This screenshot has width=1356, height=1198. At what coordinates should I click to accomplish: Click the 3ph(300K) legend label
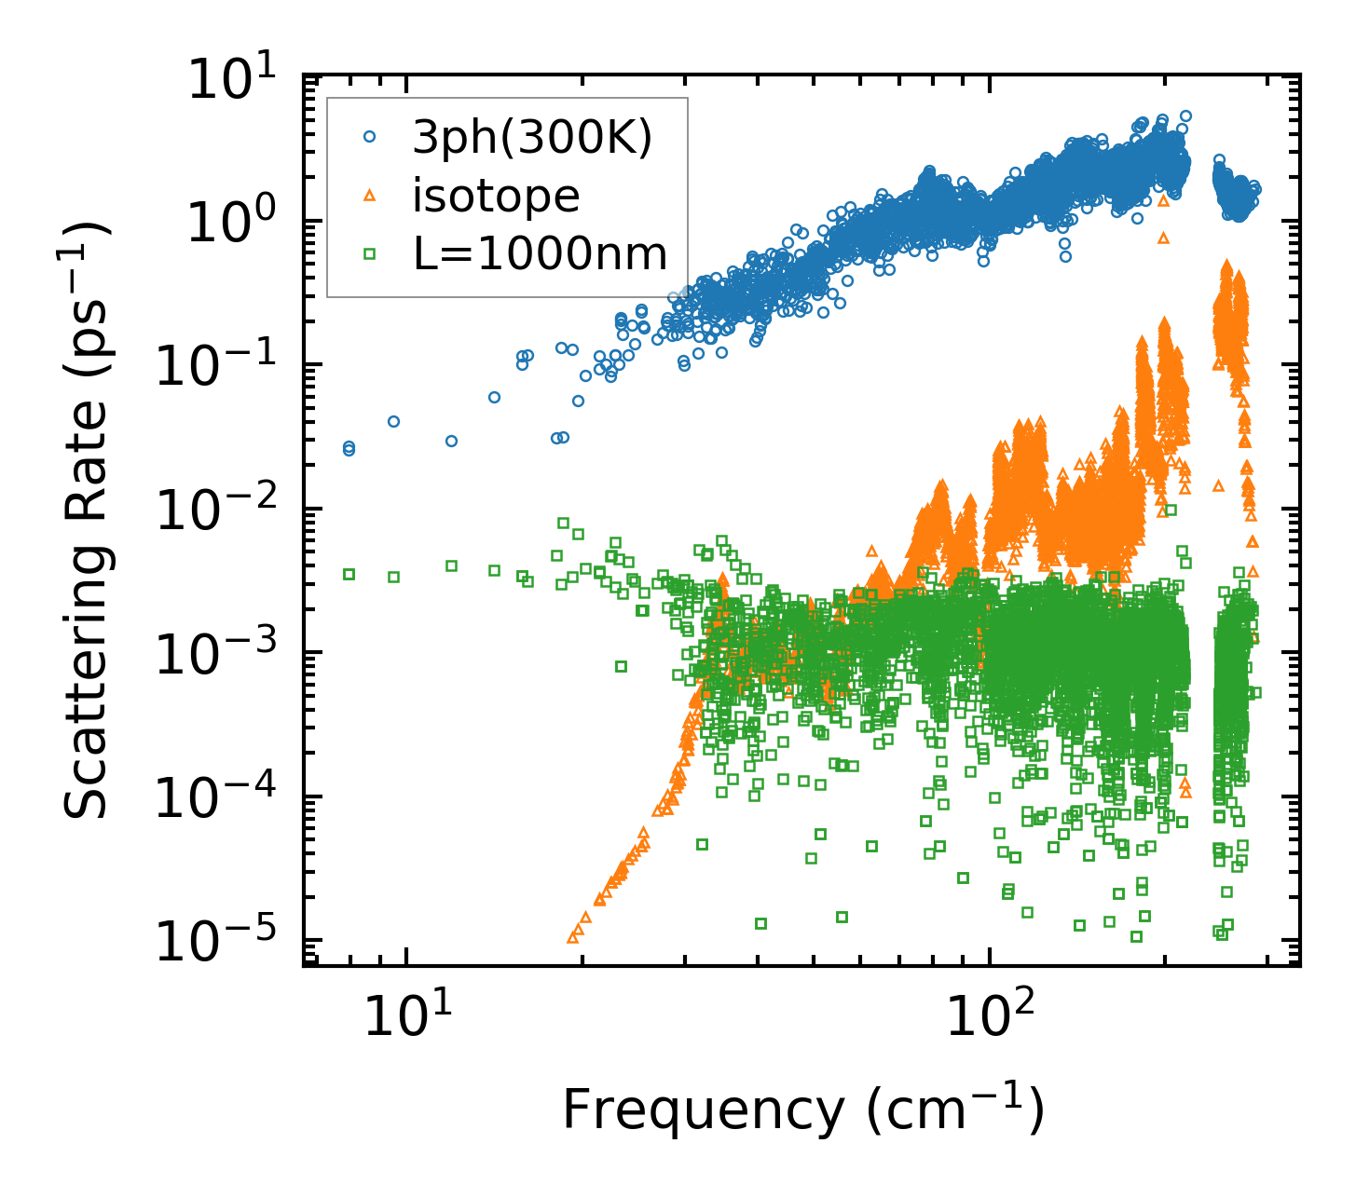[532, 139]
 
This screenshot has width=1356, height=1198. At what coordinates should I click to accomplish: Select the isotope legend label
[496, 196]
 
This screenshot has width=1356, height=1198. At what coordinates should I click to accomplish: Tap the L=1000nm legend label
[540, 253]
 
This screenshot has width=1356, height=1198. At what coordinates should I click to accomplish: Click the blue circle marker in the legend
[369, 137]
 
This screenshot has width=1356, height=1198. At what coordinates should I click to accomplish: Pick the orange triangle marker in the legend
[369, 195]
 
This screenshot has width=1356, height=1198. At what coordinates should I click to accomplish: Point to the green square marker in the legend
[369, 252]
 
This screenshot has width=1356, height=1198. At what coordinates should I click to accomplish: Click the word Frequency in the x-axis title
[703, 1110]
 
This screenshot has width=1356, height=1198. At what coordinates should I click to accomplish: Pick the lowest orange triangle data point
[573, 936]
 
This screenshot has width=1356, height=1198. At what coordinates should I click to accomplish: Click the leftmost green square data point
[349, 574]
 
